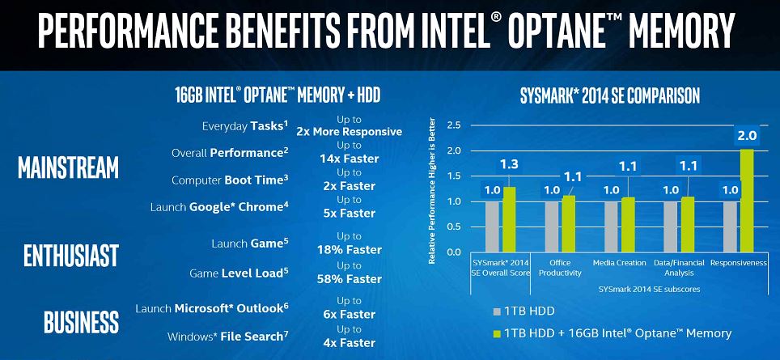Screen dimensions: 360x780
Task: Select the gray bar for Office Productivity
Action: (553, 226)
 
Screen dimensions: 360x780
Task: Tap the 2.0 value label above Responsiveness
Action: (745, 136)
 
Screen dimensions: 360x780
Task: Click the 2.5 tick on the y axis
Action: (453, 125)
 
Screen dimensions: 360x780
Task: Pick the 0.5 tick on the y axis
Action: (453, 227)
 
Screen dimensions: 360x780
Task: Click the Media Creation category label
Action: (620, 263)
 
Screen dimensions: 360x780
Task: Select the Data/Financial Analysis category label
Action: (678, 268)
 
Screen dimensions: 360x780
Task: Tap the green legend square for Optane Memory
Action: (496, 332)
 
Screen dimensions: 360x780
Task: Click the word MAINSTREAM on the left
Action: (69, 167)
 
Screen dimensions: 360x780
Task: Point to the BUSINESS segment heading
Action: (70, 322)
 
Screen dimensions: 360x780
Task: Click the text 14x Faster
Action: (349, 159)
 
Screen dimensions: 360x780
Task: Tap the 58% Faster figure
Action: (349, 279)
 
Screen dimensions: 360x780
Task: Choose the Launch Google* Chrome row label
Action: (218, 206)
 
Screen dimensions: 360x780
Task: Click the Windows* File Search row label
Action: (227, 336)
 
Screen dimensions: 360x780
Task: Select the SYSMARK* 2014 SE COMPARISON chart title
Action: (609, 96)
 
